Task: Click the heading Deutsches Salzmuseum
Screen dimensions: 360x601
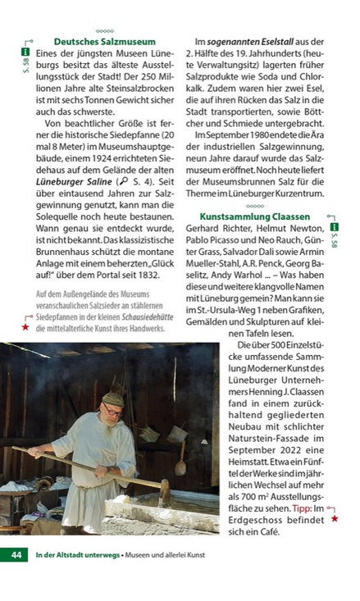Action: pos(98,41)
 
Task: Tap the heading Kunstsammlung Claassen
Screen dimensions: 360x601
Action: pos(255,216)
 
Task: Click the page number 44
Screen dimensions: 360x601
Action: pos(16,555)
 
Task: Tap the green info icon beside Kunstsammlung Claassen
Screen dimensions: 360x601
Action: pos(333,224)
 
